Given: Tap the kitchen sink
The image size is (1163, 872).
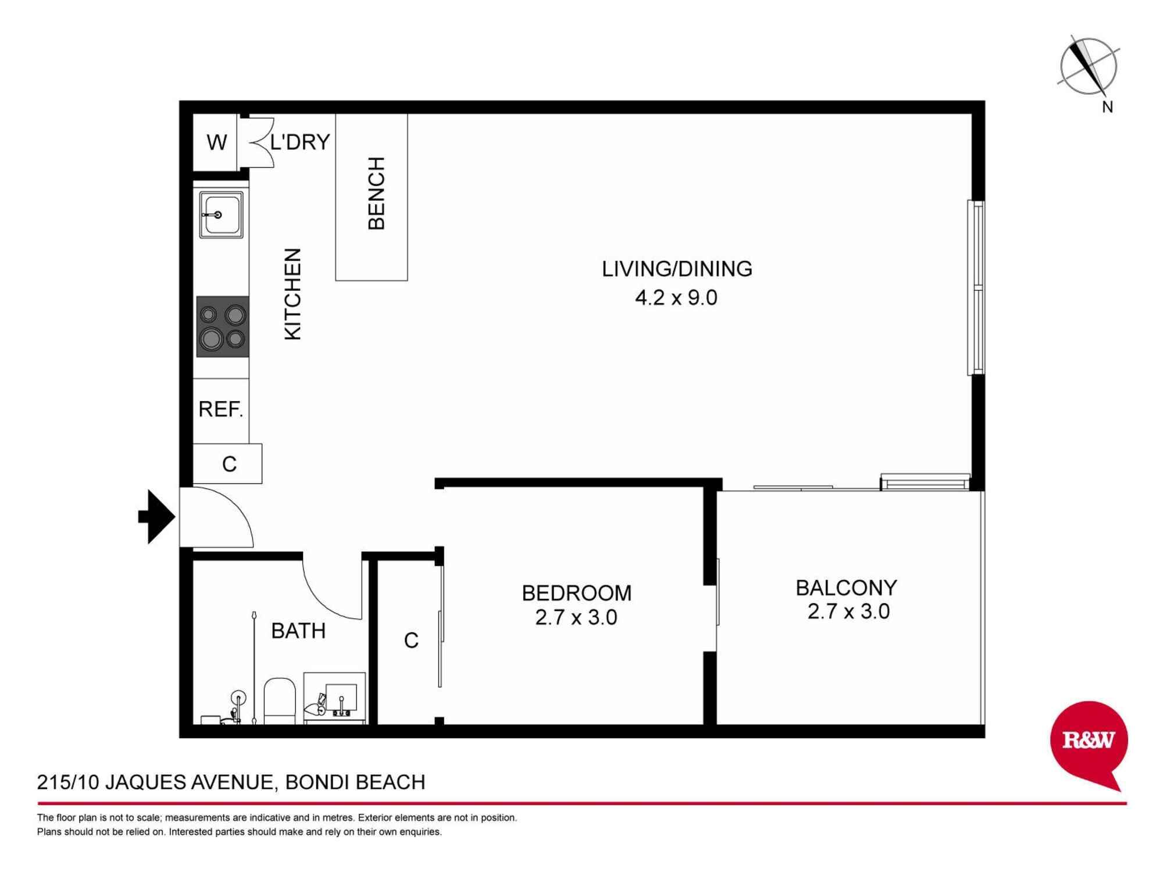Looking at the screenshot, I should click(x=221, y=215).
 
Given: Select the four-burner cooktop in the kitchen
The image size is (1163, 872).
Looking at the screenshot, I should click(x=223, y=327).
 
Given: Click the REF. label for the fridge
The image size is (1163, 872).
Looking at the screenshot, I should click(x=220, y=409).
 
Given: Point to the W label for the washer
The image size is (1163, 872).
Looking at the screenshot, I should click(x=216, y=142).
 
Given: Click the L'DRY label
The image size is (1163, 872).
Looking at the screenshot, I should click(x=300, y=142).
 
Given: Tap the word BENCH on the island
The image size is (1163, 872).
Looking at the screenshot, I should click(x=376, y=194).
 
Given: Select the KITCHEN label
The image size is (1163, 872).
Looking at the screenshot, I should click(x=292, y=294).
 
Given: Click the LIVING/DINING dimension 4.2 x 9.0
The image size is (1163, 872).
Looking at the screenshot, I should click(x=676, y=298).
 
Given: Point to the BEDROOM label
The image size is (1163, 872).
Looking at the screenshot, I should click(x=576, y=593).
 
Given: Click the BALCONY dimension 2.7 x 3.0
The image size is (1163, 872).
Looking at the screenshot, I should click(x=848, y=612).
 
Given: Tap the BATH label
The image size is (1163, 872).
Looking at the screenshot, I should click(x=298, y=631).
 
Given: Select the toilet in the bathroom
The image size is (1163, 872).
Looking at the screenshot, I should click(x=280, y=701).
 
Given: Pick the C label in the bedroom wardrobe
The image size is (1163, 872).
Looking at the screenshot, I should click(x=411, y=641).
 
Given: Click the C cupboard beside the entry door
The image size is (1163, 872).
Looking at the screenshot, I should click(x=229, y=464).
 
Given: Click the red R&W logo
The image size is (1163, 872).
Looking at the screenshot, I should click(x=1089, y=741).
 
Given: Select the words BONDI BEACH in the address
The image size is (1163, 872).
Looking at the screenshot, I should click(x=355, y=782).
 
